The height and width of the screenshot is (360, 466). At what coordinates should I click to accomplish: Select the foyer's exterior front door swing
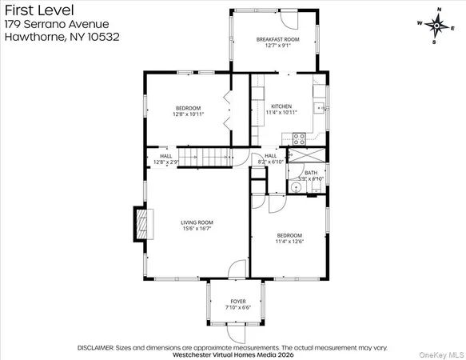point(237,330)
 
